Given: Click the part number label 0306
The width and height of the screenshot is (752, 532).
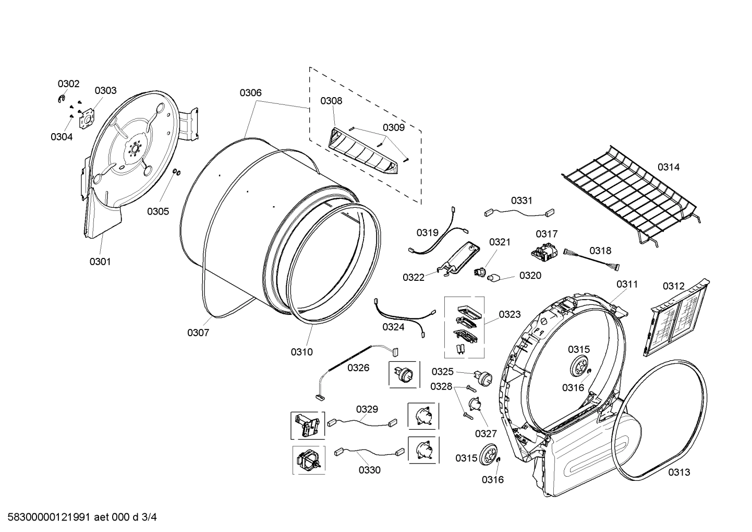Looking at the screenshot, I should coord(250,93).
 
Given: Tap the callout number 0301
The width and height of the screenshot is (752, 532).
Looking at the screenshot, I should coord(100,262).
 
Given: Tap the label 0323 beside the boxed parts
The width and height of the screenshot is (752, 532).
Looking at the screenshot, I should coord(509,314).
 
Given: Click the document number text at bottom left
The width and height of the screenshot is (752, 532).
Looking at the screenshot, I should coord(79,517).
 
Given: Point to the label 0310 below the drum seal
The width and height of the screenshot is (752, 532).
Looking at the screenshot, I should coord(301,352).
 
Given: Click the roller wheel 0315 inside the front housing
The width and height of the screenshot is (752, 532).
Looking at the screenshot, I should coord(579,367).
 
